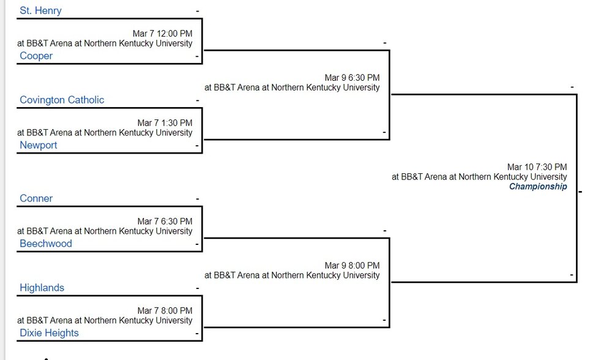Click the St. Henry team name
point(40,10)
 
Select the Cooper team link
point(36,56)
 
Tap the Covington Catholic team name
point(62,100)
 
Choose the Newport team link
point(38,145)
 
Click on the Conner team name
point(36,198)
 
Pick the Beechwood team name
point(46,244)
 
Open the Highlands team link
point(42,288)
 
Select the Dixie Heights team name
point(49,333)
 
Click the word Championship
point(538,187)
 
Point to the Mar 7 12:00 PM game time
point(162,34)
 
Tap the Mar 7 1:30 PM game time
point(165,123)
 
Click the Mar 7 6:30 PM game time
point(165,222)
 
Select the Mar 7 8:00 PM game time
point(165,311)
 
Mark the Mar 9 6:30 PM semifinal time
point(352,78)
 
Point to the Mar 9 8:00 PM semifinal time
point(352,266)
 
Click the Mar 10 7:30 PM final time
point(537,167)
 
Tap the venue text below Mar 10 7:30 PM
point(479,177)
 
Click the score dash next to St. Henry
point(198,11)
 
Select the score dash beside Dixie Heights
point(197,334)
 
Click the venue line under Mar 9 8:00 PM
point(292,276)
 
